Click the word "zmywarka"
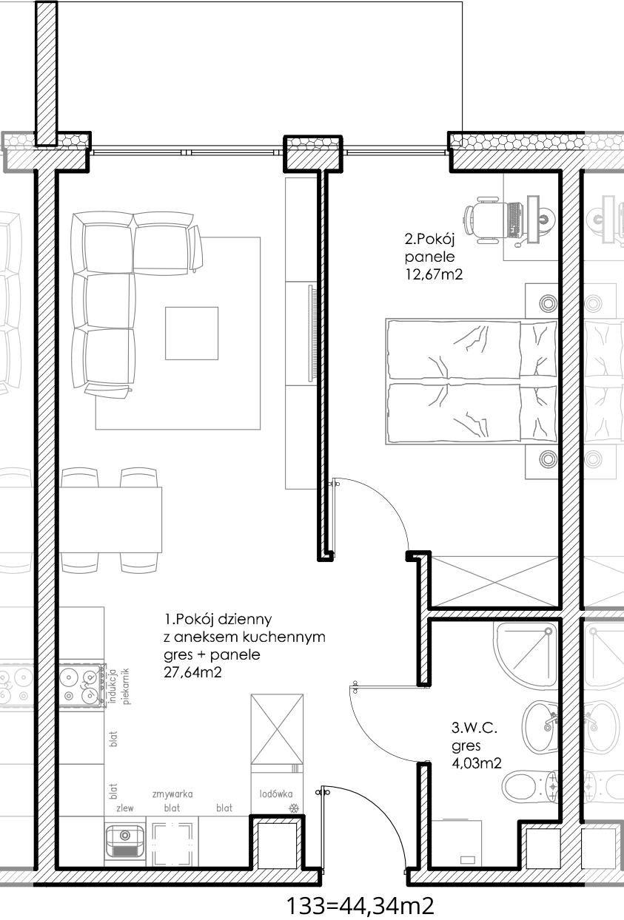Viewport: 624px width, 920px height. [172, 794]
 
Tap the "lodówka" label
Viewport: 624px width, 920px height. [275, 794]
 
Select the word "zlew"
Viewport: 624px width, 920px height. [125, 808]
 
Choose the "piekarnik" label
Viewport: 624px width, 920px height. [126, 686]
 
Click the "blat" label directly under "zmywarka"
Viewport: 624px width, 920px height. [172, 808]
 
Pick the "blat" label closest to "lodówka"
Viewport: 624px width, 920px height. [224, 808]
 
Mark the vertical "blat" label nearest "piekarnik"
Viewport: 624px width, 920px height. [113, 738]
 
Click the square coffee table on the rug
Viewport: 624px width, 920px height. [192, 333]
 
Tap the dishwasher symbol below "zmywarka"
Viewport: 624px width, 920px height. [172, 843]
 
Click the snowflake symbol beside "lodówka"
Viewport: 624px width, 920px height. [294, 808]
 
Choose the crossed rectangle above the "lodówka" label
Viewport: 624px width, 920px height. [277, 729]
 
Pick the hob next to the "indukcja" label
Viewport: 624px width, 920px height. [81, 686]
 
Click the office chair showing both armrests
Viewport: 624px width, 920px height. [489, 220]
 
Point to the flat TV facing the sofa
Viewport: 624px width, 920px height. [312, 333]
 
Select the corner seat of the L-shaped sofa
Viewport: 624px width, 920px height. [104, 244]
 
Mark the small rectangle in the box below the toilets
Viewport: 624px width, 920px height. [468, 859]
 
